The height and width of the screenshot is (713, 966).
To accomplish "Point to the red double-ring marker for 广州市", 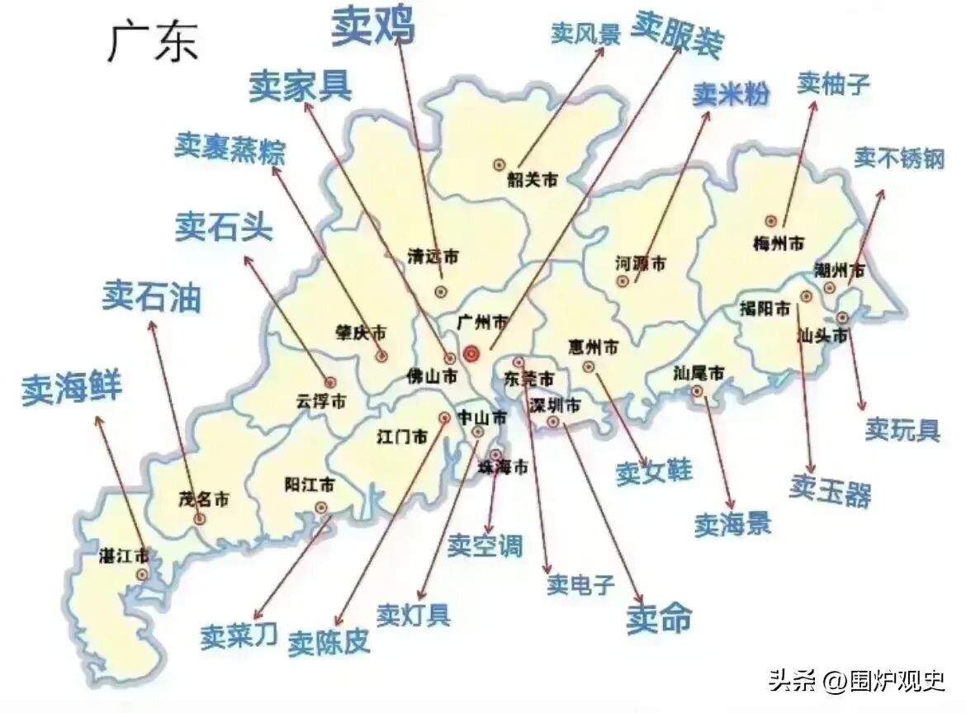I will pos(471,354).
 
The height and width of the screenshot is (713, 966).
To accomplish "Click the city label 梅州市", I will pos(779,243).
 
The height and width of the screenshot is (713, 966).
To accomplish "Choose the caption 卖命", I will pos(658,618).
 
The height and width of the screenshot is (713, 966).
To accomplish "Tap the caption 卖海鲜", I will pos(71,387).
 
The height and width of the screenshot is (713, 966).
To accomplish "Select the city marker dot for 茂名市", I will pos(200,518).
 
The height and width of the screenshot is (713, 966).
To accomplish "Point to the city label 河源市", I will pos(640,264).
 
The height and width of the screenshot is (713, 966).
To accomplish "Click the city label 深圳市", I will pos(555,405).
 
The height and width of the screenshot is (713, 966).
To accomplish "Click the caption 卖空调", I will pos(485,545).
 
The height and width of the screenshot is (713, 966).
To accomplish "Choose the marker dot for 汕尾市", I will pos(698,391).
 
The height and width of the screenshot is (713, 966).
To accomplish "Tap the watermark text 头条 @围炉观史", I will pos(856,681).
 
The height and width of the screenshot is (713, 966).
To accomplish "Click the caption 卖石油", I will pos(152,296).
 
